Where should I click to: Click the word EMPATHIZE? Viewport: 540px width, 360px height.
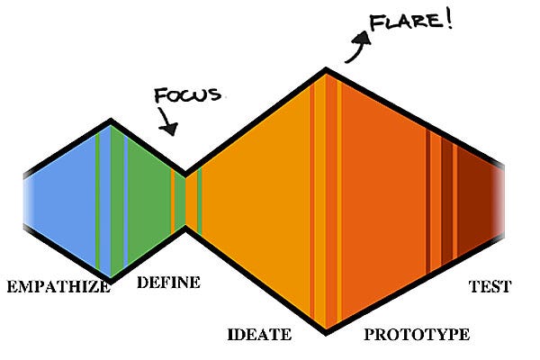(x=58, y=287)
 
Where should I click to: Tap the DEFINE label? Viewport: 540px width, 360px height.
(x=168, y=283)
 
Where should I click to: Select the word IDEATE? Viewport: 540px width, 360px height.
(x=259, y=335)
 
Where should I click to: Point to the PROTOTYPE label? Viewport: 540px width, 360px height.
(x=416, y=335)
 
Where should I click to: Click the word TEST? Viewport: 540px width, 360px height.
(x=490, y=287)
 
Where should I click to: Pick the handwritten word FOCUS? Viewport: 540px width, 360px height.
(x=186, y=95)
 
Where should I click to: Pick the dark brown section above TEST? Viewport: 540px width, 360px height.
(x=477, y=200)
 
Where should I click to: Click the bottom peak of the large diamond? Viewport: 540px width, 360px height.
(x=326, y=331)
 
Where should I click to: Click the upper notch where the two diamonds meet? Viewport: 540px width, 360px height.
(x=185, y=171)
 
